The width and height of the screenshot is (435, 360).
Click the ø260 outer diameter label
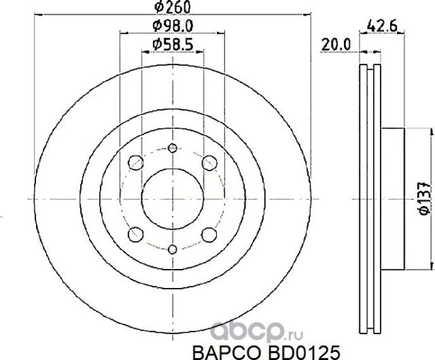tap(171, 8)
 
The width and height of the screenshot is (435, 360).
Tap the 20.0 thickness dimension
tap(336, 44)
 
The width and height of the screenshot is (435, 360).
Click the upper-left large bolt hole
tap(135, 162)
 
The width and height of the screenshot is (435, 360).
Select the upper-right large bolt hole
tap(209, 162)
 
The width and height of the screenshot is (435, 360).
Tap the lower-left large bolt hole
tap(135, 234)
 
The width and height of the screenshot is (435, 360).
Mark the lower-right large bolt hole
tap(209, 234)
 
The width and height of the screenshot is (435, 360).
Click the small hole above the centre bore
tap(173, 149)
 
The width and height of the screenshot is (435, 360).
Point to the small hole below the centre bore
tap(173, 249)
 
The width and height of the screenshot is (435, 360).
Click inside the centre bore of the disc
tap(173, 198)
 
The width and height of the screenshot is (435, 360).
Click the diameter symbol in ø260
tap(159, 8)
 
